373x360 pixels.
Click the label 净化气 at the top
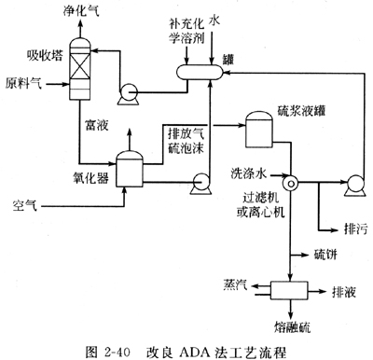[x=81, y=11]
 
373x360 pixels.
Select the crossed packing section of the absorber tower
[x=80, y=65]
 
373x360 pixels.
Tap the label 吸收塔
[x=45, y=56]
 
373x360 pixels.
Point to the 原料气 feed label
[x=23, y=83]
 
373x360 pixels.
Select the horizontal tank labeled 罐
[x=200, y=72]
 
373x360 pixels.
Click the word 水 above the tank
[x=214, y=20]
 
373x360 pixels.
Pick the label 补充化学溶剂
[x=186, y=31]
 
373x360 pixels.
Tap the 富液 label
[x=97, y=125]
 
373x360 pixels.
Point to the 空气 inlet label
[x=25, y=205]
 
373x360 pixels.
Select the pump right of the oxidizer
[x=200, y=184]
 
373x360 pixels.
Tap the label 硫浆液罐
[x=301, y=111]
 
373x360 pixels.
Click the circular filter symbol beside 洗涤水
[x=291, y=184]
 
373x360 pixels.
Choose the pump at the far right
[x=355, y=186]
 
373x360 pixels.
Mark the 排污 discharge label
[x=356, y=229]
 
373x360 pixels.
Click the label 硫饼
[x=325, y=255]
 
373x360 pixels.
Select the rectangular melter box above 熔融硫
[x=289, y=290]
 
